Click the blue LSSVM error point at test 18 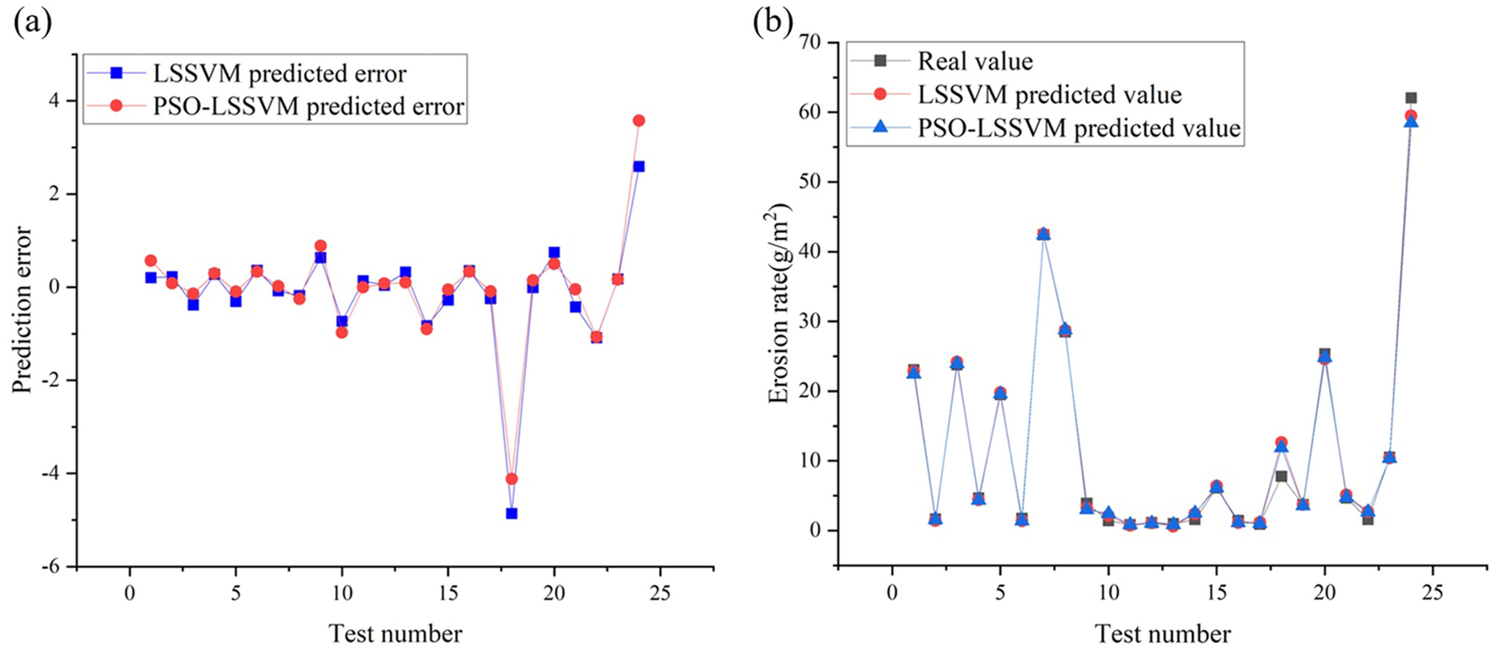511,513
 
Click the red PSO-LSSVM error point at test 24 638,121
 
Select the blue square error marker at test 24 638,166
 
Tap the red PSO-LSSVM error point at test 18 511,479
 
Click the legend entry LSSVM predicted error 279,73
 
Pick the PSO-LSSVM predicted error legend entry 308,107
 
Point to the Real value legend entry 975,61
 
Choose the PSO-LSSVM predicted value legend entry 1079,128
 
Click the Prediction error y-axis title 22,309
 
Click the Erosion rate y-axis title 777,304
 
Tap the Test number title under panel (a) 395,634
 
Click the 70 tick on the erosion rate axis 813,42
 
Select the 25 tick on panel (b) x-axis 1433,593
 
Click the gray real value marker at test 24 1411,98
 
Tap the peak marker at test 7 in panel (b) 1043,234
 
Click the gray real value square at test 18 1281,476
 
